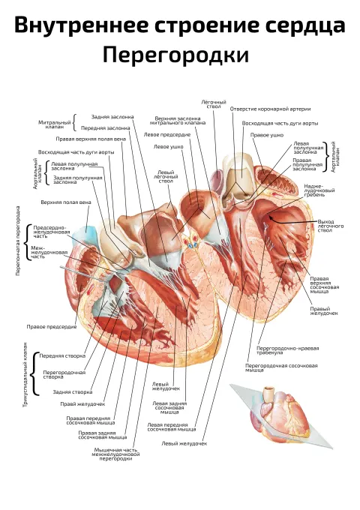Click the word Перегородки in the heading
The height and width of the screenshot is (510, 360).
[x=175, y=55]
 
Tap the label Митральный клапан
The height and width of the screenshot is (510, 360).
[x=55, y=124]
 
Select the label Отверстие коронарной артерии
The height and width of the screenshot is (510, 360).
[x=270, y=109]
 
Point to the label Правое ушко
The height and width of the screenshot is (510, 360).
[x=267, y=135]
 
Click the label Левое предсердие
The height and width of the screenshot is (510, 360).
[x=166, y=134]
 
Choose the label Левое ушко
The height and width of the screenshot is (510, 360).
[x=169, y=147]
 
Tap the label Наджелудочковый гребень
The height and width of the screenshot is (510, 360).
[x=315, y=190]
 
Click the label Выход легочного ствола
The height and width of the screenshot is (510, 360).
[x=331, y=226]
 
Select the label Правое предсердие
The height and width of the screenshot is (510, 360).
[x=52, y=326]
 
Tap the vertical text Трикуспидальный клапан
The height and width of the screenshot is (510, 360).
[x=25, y=374]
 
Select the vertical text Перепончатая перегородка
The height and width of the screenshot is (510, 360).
[x=18, y=241]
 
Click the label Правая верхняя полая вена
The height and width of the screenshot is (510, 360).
[x=91, y=139]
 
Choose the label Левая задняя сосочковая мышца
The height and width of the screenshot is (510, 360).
[x=169, y=407]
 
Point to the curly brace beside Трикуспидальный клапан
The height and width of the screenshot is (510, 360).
[x=34, y=373]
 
